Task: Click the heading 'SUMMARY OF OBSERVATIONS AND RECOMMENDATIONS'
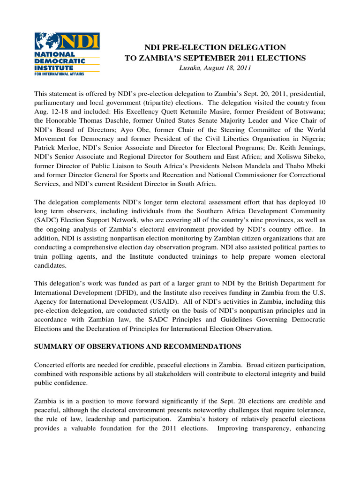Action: [137, 346]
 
